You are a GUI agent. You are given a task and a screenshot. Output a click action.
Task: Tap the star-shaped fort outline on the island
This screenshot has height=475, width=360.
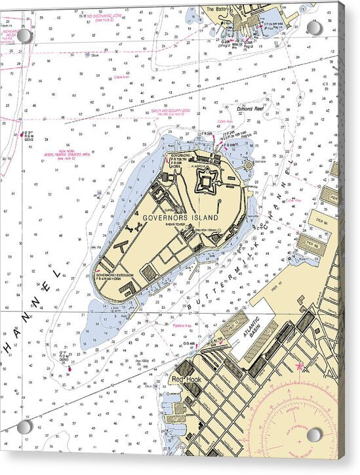(x=207, y=179)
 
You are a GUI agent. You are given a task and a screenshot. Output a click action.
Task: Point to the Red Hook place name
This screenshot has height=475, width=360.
(x=185, y=379)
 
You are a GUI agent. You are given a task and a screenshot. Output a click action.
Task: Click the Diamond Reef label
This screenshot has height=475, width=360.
(x=249, y=109)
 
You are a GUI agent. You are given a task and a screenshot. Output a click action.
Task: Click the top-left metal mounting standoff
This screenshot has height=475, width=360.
(x=25, y=35)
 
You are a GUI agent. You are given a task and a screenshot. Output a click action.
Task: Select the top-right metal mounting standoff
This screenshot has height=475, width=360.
(x=314, y=28)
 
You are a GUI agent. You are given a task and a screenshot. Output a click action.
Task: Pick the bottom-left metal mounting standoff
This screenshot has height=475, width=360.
(x=24, y=426)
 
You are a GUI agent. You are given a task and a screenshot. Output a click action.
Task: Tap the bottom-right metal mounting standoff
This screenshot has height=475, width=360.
(x=314, y=434)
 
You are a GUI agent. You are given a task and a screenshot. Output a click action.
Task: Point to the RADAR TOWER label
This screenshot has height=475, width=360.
(x=189, y=222)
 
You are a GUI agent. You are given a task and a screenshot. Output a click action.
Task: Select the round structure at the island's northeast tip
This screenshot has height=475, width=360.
(x=249, y=166)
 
